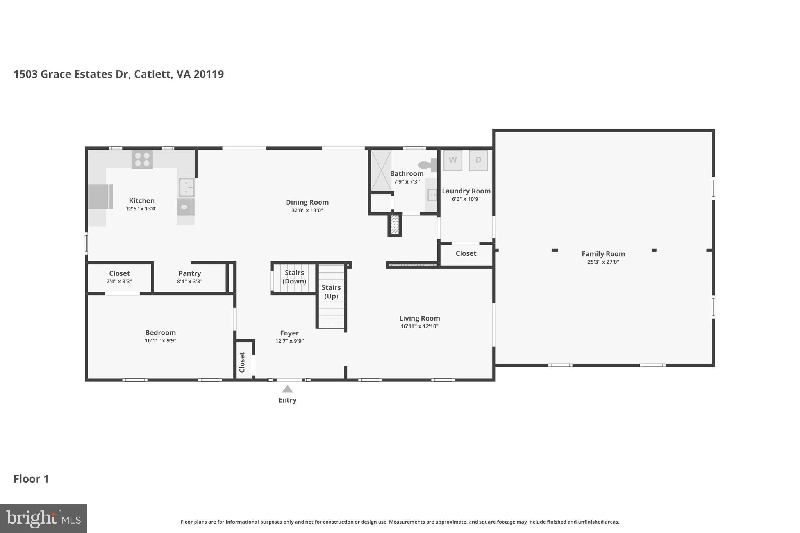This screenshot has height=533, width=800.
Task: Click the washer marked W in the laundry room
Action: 453,160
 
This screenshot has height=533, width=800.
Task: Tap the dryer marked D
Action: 478,160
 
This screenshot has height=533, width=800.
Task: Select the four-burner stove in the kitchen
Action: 142,159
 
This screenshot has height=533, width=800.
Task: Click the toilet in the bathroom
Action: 428,165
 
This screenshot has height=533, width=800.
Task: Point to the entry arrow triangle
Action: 287,389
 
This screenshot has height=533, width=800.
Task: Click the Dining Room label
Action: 307,202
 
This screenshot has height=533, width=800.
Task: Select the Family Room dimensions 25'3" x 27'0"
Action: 603,262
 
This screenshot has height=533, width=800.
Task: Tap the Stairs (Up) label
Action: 331,292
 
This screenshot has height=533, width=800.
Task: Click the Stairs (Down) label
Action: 294,277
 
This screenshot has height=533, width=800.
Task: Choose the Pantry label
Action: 189,273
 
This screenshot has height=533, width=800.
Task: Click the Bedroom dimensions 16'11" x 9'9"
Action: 160,340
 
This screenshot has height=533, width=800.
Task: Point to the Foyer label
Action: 289,333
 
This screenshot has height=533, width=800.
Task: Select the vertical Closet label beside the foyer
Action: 242,362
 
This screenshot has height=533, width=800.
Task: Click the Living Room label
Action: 420,318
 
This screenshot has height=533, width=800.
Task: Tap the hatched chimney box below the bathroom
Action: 395,225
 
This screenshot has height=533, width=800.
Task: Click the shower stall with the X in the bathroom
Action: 381,170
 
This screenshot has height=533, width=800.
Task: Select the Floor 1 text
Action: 31,479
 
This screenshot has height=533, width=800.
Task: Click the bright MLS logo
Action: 43,519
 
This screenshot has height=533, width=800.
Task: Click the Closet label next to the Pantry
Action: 119,273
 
